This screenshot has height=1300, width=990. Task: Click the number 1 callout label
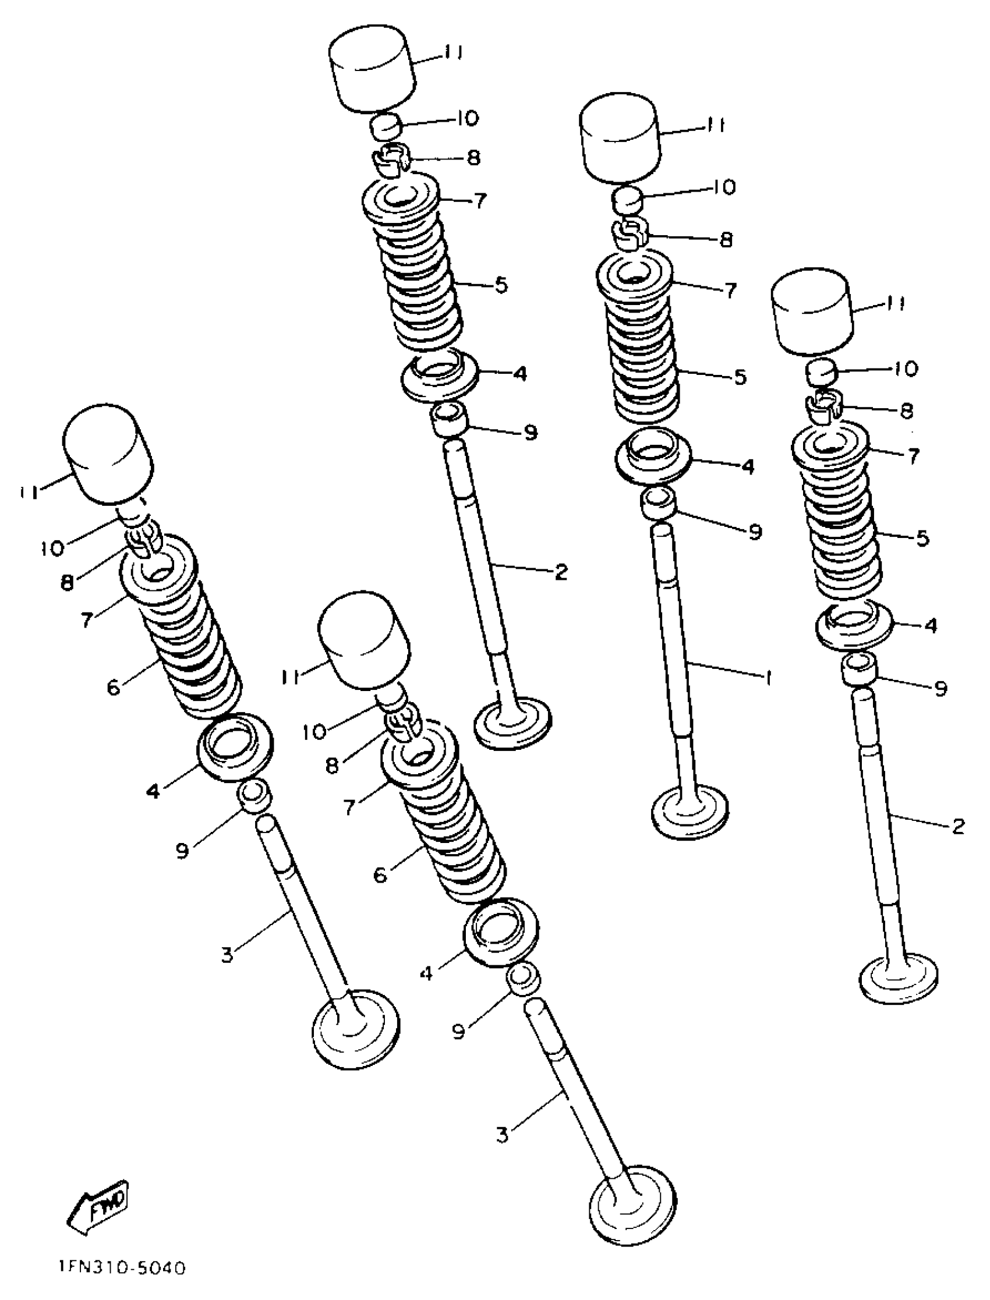pos(768,679)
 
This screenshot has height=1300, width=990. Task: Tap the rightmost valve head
pos(899,978)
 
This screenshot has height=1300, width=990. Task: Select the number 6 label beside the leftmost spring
pos(114,686)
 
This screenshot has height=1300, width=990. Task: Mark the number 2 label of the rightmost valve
pos(958,827)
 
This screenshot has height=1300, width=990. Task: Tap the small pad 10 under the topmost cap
pos(387,127)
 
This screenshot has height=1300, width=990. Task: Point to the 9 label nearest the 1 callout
pos(755,532)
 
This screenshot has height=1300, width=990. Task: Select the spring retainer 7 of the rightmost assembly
pos(830,448)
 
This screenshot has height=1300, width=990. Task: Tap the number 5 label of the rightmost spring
pos(922,538)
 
